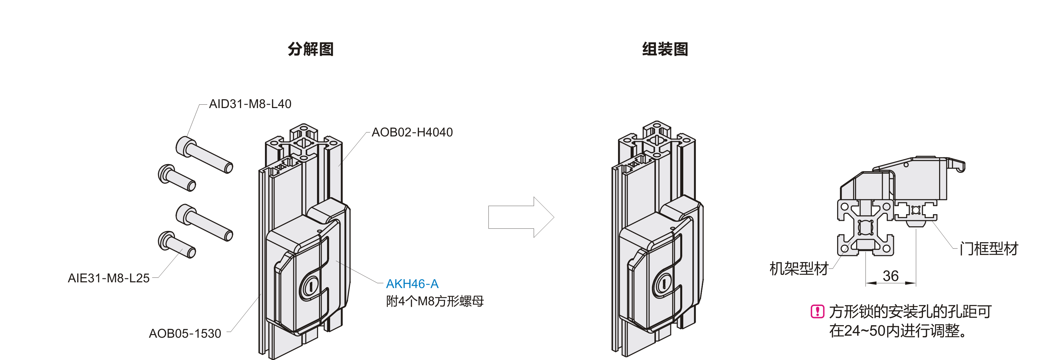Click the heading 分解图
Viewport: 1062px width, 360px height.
point(311,49)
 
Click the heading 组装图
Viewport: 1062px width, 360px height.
point(665,49)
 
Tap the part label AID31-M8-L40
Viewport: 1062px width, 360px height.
point(250,104)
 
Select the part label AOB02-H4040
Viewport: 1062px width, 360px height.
point(412,132)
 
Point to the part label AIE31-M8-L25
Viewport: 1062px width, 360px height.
point(108,278)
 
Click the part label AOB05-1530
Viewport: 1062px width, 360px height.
point(185,333)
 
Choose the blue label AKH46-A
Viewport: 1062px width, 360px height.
point(412,284)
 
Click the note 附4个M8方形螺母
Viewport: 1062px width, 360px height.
point(434,302)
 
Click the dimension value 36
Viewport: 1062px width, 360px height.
point(891,276)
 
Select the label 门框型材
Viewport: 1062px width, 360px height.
point(989,249)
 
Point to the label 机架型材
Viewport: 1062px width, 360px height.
point(799,268)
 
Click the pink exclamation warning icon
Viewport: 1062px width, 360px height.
point(817,311)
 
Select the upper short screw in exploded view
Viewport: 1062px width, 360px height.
point(177,178)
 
